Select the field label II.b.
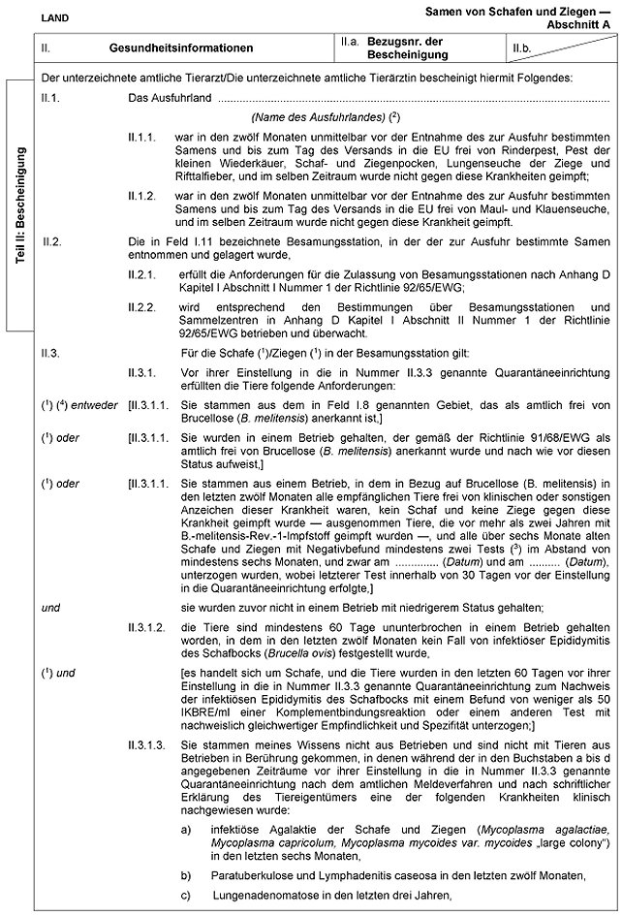coord(521,46)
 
